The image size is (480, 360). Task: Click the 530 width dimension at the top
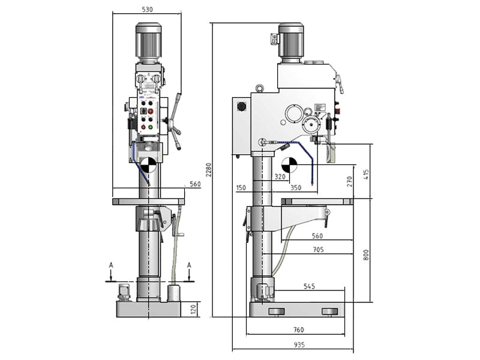pos(147,10)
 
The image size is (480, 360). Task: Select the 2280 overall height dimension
pos(208,170)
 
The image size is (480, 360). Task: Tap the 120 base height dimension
pos(193,309)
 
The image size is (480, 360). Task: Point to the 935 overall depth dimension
pos(299,344)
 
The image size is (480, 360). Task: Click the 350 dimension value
pos(295,188)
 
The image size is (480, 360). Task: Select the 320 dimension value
pos(280,176)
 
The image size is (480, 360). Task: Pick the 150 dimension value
pos(241,188)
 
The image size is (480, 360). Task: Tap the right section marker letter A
pos(189,265)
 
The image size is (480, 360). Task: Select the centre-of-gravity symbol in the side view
pos(289,163)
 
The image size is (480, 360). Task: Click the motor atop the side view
pos(291,42)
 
